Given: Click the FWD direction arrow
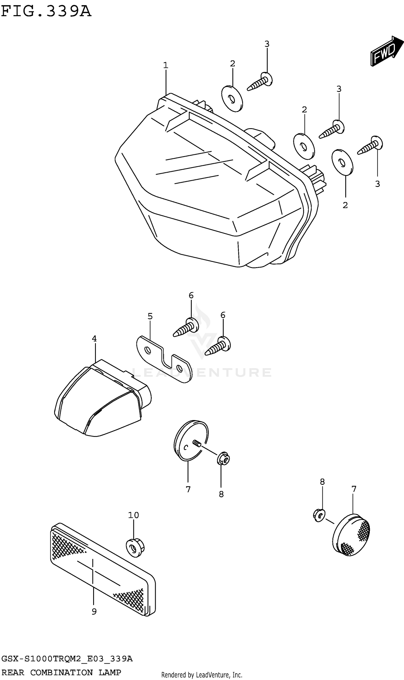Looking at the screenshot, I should pyautogui.click(x=386, y=51).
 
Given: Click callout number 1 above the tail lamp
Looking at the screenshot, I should pyautogui.click(x=166, y=65).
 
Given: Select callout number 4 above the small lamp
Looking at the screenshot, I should pyautogui.click(x=94, y=339).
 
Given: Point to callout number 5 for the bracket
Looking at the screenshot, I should pyautogui.click(x=150, y=316).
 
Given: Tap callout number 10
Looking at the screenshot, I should pyautogui.click(x=133, y=515).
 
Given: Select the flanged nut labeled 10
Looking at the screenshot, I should pyautogui.click(x=135, y=548).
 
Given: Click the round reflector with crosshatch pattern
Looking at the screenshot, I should pyautogui.click(x=351, y=535).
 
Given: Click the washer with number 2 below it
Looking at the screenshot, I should pyautogui.click(x=342, y=162).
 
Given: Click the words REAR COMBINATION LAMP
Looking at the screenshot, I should pyautogui.click(x=61, y=672).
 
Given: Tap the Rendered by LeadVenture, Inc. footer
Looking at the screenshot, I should pyautogui.click(x=202, y=675).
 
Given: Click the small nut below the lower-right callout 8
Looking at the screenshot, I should pyautogui.click(x=319, y=515).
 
